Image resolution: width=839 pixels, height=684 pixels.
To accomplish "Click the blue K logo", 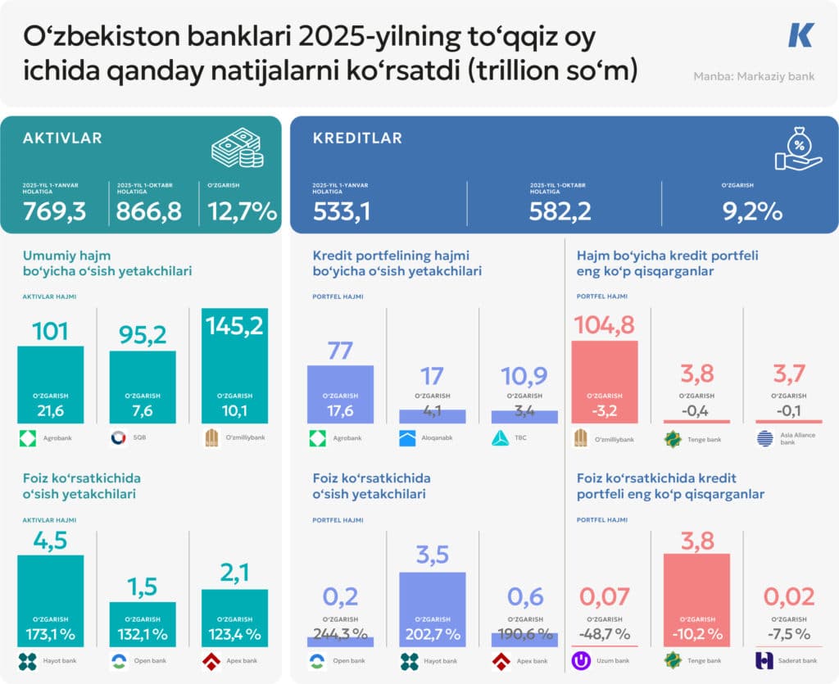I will click(800, 35).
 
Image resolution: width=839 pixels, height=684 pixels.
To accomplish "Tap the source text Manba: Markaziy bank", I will click(754, 77).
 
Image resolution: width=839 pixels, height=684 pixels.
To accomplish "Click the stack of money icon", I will click(237, 151).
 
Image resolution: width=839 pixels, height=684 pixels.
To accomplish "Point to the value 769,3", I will click(54, 212).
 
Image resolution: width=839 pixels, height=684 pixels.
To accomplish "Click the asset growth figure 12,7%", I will click(242, 212).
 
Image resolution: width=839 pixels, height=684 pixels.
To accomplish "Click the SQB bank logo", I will click(116, 438).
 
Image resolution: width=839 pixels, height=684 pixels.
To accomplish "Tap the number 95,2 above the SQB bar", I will click(143, 334).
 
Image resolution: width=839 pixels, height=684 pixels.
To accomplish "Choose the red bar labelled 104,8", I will click(604, 382).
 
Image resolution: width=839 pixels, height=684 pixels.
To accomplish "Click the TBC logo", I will click(501, 438).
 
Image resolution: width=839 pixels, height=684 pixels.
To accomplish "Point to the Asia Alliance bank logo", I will click(764, 438).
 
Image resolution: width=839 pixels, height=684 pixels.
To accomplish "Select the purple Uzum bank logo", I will click(582, 660).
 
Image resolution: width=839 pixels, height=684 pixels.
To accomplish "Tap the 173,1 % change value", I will click(51, 634).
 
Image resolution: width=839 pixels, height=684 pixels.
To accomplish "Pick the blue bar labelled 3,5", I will click(433, 609).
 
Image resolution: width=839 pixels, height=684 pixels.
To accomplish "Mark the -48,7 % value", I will click(605, 634).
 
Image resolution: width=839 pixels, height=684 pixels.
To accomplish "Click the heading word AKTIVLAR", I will click(62, 138).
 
